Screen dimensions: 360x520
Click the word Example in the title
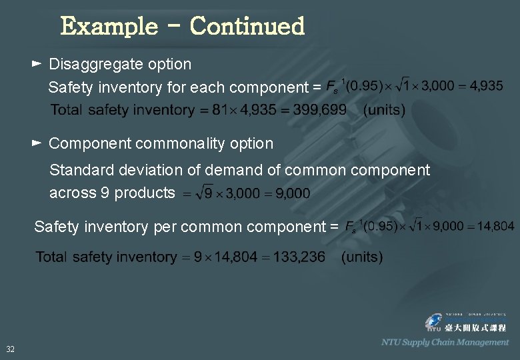point(109,27)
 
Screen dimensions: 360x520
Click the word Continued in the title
point(247,27)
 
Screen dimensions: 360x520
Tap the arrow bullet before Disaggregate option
point(37,64)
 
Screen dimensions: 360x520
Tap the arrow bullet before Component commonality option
point(37,143)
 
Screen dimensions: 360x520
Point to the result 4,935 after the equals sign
point(486,86)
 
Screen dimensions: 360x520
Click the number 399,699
point(321,110)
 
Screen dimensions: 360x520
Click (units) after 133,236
point(361,257)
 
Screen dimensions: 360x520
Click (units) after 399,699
point(384,110)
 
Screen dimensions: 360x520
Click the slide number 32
point(11,349)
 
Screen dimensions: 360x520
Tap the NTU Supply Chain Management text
point(445,342)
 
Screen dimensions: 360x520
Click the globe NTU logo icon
point(434,323)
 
